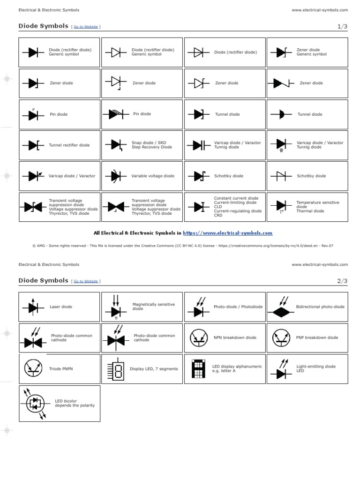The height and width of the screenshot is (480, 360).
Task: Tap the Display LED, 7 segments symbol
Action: point(115,369)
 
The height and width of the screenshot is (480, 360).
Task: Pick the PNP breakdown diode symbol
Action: point(281,337)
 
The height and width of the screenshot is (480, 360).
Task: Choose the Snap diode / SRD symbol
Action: point(115,145)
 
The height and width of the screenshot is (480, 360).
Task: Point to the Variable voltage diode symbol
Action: point(115,176)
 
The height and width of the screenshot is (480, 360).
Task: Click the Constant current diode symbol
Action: point(198,206)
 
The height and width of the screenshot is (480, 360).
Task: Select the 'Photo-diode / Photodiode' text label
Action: point(238,307)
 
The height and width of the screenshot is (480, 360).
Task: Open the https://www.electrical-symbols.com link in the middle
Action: point(227,233)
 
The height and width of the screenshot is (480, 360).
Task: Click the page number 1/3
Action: point(342,27)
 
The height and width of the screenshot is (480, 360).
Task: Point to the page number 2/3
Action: point(342,281)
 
